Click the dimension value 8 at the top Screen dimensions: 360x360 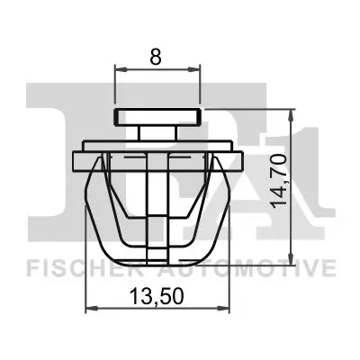(157, 57)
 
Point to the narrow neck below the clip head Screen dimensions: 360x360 (157, 132)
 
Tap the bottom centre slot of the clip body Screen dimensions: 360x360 (157, 243)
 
